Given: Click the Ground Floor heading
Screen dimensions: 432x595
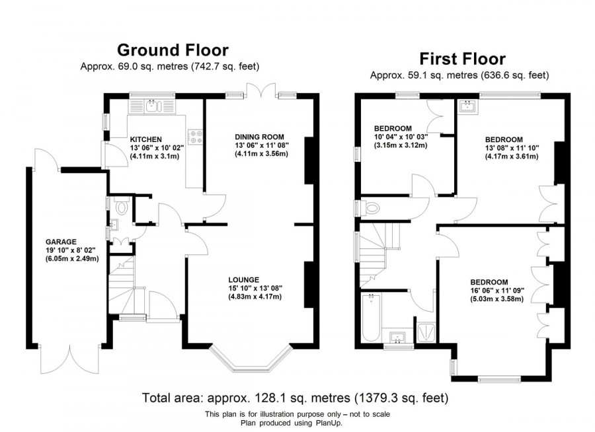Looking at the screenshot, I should [x=173, y=50].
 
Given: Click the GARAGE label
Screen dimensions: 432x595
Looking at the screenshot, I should [x=61, y=242].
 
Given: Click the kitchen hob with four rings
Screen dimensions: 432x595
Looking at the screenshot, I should [x=196, y=136].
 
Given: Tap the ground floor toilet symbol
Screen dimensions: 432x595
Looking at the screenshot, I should [x=120, y=208].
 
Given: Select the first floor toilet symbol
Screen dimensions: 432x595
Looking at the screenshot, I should [x=370, y=209].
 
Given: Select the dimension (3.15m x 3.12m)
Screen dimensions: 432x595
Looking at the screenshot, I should [x=400, y=145].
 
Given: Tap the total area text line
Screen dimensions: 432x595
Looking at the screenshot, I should [x=296, y=398].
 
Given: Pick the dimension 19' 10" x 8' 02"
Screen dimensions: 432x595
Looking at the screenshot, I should [x=61, y=250].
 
